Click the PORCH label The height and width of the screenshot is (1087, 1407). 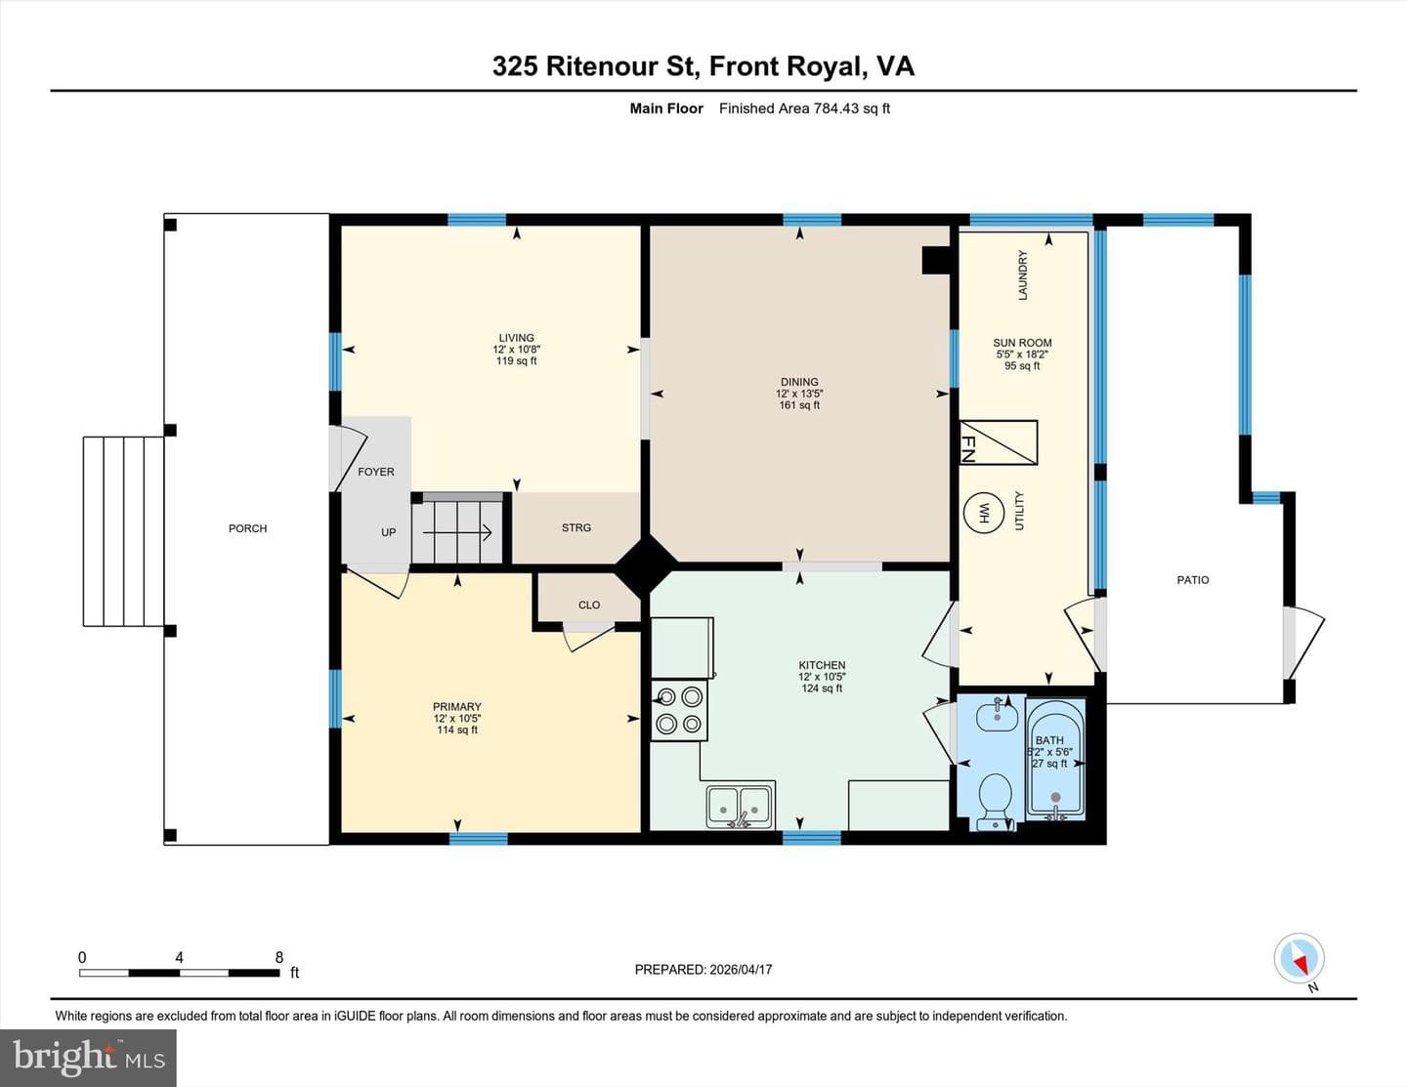pyautogui.click(x=247, y=528)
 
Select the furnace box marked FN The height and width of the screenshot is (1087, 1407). pyautogui.click(x=999, y=442)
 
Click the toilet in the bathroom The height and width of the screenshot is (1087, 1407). pyautogui.click(x=996, y=802)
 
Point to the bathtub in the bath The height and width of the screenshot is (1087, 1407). pyautogui.click(x=1056, y=760)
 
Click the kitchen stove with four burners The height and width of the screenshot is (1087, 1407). pyautogui.click(x=679, y=710)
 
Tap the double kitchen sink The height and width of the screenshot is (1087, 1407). pyautogui.click(x=740, y=806)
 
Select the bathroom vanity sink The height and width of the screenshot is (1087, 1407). pyautogui.click(x=997, y=714)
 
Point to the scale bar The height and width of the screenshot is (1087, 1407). pyautogui.click(x=180, y=973)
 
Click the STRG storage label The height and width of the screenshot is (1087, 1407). pyautogui.click(x=576, y=528)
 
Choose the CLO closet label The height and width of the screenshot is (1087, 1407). pyautogui.click(x=589, y=605)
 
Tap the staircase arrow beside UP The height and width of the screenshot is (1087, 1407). pyautogui.click(x=457, y=533)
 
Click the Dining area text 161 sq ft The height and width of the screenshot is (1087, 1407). pyautogui.click(x=799, y=405)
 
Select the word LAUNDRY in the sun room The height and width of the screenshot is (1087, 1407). pyautogui.click(x=1023, y=275)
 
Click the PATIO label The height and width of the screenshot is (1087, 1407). pyautogui.click(x=1193, y=580)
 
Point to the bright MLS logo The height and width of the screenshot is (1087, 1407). pyautogui.click(x=88, y=1058)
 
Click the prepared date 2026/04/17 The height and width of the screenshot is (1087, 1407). pyautogui.click(x=741, y=970)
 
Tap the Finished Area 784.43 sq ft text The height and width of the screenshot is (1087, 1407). pyautogui.click(x=804, y=108)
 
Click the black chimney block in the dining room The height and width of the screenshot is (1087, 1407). pyautogui.click(x=936, y=261)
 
